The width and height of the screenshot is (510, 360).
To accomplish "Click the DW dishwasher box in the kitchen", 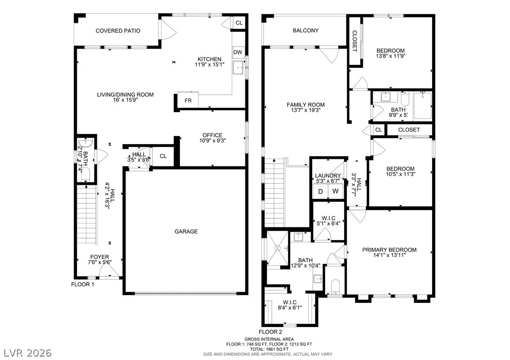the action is point(238,52).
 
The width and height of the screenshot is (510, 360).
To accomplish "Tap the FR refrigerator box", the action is point(188,101).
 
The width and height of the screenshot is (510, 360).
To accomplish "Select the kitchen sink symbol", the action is point(240,68).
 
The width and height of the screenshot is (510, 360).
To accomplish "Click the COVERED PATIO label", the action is point(118,31).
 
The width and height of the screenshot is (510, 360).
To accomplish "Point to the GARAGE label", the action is point(186,232).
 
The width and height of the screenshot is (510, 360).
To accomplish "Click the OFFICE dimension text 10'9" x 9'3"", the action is point(213,141).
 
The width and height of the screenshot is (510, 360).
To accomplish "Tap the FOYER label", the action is point(100,257).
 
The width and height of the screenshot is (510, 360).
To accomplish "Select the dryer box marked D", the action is point(320,191).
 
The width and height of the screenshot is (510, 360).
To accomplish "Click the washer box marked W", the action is point(336,191).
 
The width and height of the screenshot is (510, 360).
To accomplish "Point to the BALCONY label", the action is point(305,30).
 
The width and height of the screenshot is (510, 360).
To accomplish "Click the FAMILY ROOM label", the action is point(306,105).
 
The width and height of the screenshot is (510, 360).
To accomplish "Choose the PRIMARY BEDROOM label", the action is point(390,250).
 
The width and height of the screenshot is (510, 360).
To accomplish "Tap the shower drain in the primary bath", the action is point(277,248).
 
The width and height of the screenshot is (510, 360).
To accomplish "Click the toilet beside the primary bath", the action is point(335,286).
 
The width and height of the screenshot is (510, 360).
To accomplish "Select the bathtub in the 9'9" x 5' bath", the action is point(422,105).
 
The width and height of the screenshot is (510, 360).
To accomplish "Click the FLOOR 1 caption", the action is point(83,285).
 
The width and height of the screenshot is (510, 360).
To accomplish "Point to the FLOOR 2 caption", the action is point(270,332).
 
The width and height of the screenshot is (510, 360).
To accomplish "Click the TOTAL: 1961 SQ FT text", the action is point(269,349).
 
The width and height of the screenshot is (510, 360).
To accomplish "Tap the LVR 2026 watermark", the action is point(28,353).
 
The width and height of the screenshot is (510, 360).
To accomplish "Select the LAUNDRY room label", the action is point(328,176).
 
